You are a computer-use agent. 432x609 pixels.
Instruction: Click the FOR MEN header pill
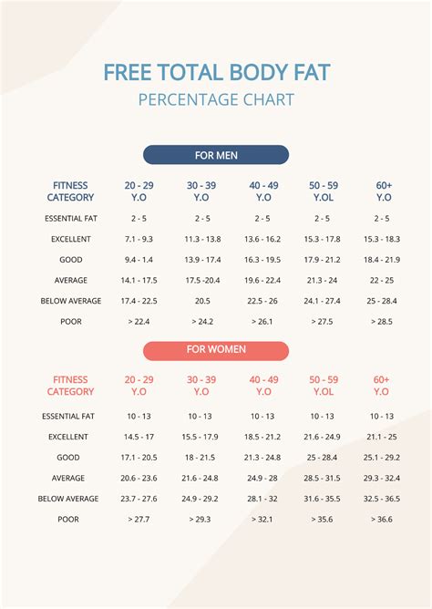click(x=216, y=155)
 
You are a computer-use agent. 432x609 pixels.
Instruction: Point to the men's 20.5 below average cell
click(x=201, y=300)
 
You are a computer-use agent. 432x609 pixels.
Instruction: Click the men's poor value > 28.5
click(x=383, y=321)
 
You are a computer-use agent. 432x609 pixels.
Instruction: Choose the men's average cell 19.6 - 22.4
click(x=262, y=280)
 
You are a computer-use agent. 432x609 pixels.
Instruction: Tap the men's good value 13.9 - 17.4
click(x=201, y=259)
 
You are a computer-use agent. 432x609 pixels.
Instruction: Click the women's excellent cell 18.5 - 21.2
click(x=262, y=437)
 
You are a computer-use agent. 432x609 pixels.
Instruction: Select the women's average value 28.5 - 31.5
click(x=322, y=478)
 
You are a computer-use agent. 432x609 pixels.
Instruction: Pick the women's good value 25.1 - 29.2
click(x=382, y=458)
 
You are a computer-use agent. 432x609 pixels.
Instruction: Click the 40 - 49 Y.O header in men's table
click(x=262, y=191)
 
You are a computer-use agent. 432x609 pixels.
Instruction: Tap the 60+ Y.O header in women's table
click(x=382, y=385)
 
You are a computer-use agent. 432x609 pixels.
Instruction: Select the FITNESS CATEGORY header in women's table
click(x=71, y=385)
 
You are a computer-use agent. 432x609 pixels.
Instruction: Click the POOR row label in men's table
click(x=71, y=321)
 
